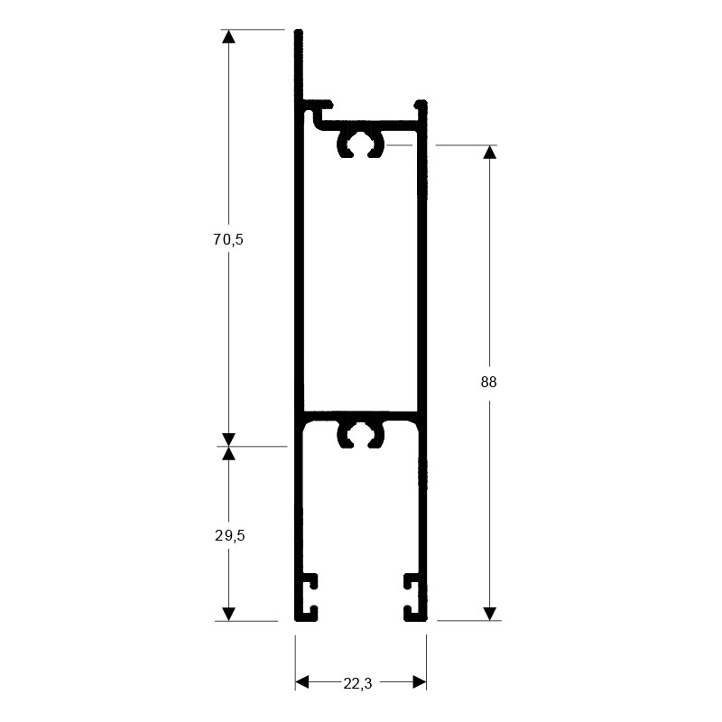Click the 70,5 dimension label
pyautogui.click(x=228, y=239)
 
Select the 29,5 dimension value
pyautogui.click(x=230, y=535)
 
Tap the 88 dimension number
pyautogui.click(x=488, y=382)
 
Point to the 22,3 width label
pyautogui.click(x=357, y=684)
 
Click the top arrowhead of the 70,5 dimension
pyautogui.click(x=229, y=36)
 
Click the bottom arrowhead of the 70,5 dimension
pyautogui.click(x=229, y=440)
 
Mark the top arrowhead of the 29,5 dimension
pyautogui.click(x=229, y=453)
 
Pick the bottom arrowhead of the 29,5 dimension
pyautogui.click(x=229, y=615)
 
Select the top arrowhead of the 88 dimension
pyautogui.click(x=489, y=152)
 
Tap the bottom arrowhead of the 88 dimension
pyautogui.click(x=489, y=614)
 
